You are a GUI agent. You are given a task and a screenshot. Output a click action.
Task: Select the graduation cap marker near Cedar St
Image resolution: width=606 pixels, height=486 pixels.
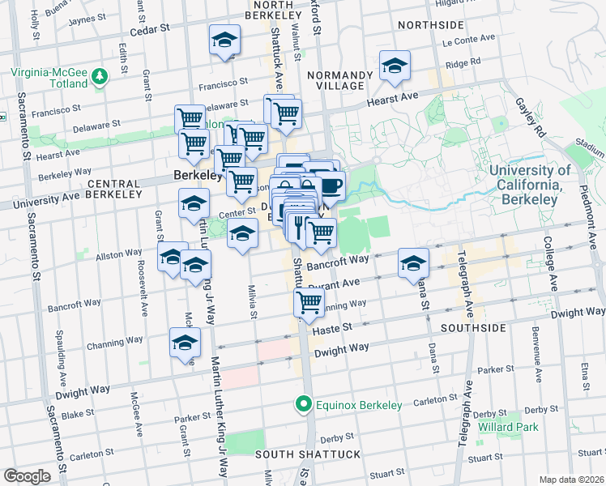[224, 40]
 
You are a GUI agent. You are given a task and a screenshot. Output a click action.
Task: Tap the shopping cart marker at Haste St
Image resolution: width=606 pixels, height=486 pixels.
[309, 303]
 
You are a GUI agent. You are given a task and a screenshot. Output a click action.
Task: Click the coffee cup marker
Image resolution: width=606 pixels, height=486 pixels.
[331, 185]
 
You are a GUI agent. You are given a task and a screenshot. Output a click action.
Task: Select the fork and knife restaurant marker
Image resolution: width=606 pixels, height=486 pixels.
[299, 226]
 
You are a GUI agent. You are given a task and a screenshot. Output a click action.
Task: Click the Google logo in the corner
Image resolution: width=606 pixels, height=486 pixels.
[27, 476]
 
